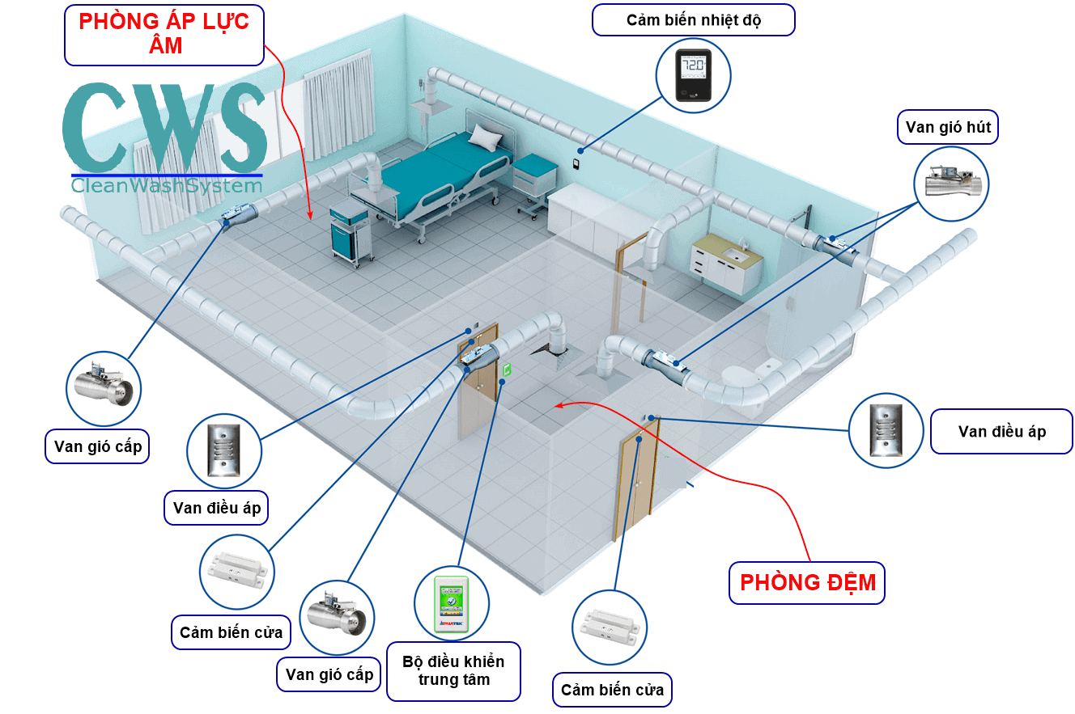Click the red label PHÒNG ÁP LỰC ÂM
tap(164, 33)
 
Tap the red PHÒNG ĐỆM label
tap(808, 582)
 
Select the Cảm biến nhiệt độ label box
tap(694, 20)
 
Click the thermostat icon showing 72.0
tap(693, 75)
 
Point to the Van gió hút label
tap(948, 128)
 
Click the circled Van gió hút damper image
tap(952, 184)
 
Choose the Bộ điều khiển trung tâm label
tap(454, 670)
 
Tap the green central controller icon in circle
tap(453, 603)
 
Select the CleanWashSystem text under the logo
tap(167, 185)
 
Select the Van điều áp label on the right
tap(1001, 432)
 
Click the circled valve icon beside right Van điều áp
tap(886, 430)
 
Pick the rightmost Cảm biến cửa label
tap(612, 690)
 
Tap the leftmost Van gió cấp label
tap(97, 446)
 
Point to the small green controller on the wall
tap(508, 370)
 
